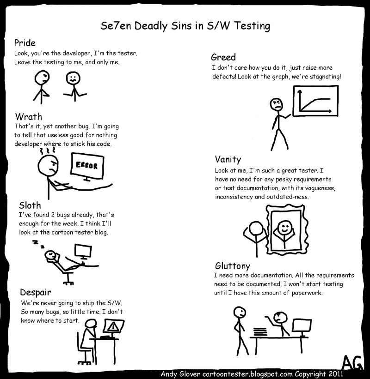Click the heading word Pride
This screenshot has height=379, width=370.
(25, 43)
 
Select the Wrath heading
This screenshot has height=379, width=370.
(29, 117)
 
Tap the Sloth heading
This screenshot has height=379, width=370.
(30, 205)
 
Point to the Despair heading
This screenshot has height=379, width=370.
(36, 293)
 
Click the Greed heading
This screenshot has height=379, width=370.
(223, 57)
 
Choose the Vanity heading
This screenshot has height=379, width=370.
(228, 160)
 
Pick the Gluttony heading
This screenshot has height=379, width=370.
(233, 266)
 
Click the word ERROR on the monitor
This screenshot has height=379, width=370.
(86, 165)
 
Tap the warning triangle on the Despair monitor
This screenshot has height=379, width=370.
(112, 327)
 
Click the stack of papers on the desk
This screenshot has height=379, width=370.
(260, 331)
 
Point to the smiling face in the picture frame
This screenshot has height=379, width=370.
(284, 228)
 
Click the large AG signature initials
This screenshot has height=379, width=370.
(352, 362)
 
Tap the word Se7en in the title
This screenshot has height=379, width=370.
(116, 26)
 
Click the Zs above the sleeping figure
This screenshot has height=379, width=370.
(39, 244)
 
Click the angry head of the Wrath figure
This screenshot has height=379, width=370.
(48, 166)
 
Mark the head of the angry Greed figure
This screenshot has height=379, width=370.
(277, 104)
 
